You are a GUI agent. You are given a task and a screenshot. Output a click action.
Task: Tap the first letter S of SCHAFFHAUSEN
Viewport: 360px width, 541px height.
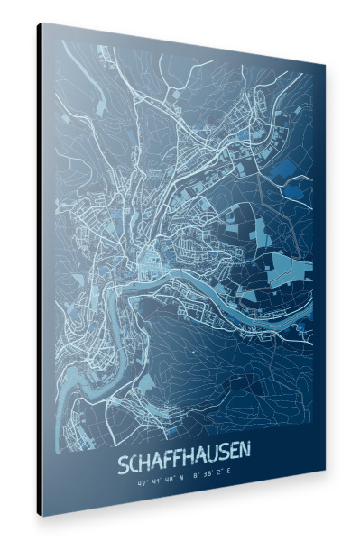click(123, 468)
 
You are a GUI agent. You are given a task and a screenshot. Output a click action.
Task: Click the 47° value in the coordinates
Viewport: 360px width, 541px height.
click(143, 484)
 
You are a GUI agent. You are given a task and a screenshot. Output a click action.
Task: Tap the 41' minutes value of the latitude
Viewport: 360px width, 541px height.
click(158, 484)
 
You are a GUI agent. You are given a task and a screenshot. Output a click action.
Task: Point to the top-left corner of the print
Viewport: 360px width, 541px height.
click(42, 24)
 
